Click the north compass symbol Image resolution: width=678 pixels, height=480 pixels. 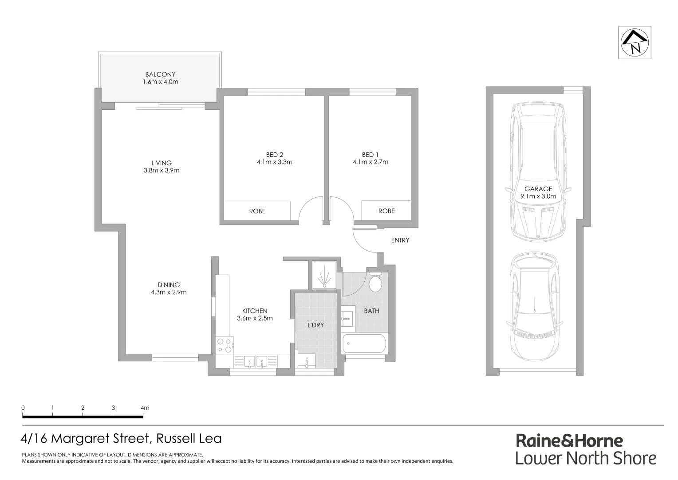coord(635,43)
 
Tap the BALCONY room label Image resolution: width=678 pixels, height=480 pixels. coord(160,74)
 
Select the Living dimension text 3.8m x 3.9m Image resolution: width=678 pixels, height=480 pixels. coord(161,170)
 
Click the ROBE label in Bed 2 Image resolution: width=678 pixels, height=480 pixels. coord(257,211)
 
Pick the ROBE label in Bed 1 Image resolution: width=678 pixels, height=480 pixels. coord(386,211)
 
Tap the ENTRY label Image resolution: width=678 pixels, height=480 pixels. coord(400,240)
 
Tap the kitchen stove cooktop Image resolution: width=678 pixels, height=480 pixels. coord(225,345)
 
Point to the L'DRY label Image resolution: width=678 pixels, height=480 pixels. coord(315,325)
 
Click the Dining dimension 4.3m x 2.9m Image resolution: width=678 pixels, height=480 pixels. coord(168,292)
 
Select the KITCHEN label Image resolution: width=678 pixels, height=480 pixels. coord(254,311)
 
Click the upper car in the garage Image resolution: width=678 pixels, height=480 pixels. coord(538,171)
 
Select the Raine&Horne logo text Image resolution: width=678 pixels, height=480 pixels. coord(569,441)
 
